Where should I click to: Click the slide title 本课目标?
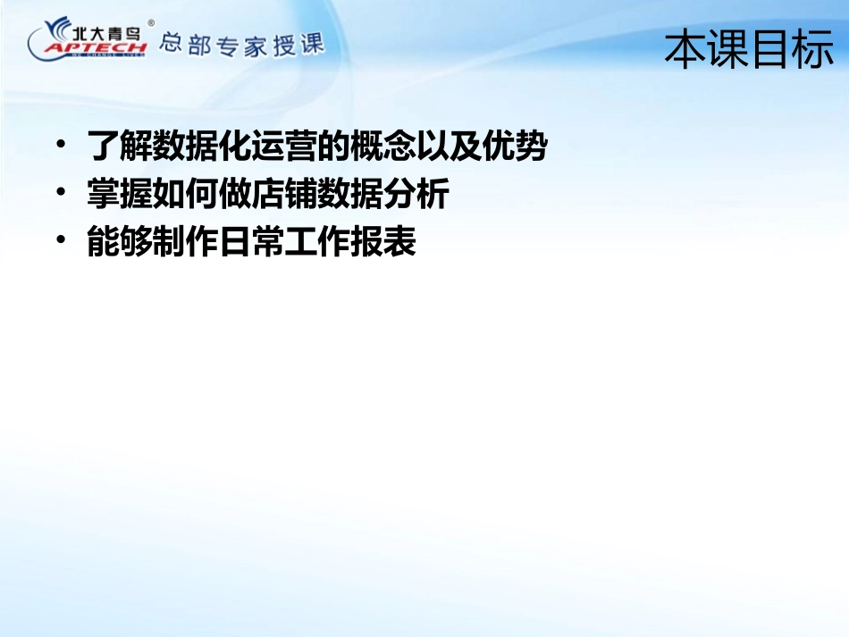tap(749, 49)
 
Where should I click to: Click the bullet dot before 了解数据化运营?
tap(61, 144)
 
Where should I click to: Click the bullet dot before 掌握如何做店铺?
tap(61, 191)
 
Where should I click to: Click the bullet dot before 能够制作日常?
tap(61, 239)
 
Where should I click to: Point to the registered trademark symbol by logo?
tap(150, 22)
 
